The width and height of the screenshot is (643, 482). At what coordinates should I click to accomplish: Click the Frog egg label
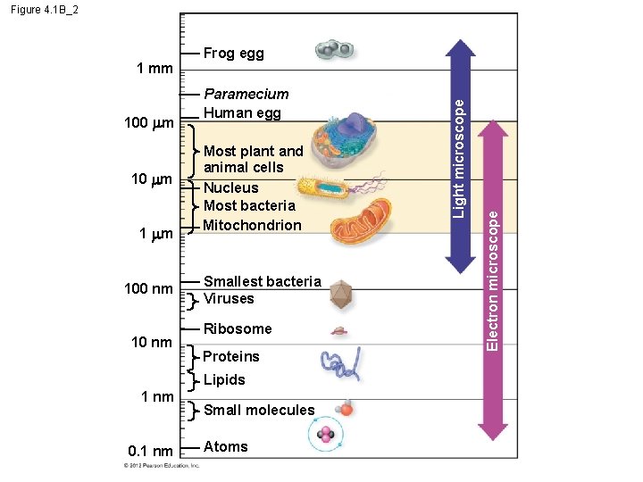[233, 54]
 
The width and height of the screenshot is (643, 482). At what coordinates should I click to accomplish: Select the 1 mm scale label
[154, 70]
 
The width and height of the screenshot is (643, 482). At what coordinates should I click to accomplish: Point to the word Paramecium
[246, 94]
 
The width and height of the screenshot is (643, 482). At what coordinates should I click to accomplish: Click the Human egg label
[242, 112]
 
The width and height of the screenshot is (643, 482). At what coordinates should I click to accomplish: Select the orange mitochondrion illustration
[363, 222]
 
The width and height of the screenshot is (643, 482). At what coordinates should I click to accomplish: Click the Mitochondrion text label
[253, 225]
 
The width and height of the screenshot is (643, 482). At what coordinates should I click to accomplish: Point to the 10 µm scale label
[151, 180]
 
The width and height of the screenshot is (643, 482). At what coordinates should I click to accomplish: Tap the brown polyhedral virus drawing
[339, 292]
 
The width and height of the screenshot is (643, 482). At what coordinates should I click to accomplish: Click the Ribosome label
[238, 328]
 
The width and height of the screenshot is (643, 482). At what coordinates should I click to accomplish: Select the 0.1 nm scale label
[149, 452]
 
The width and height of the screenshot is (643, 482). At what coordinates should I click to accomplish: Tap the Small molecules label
[259, 410]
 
